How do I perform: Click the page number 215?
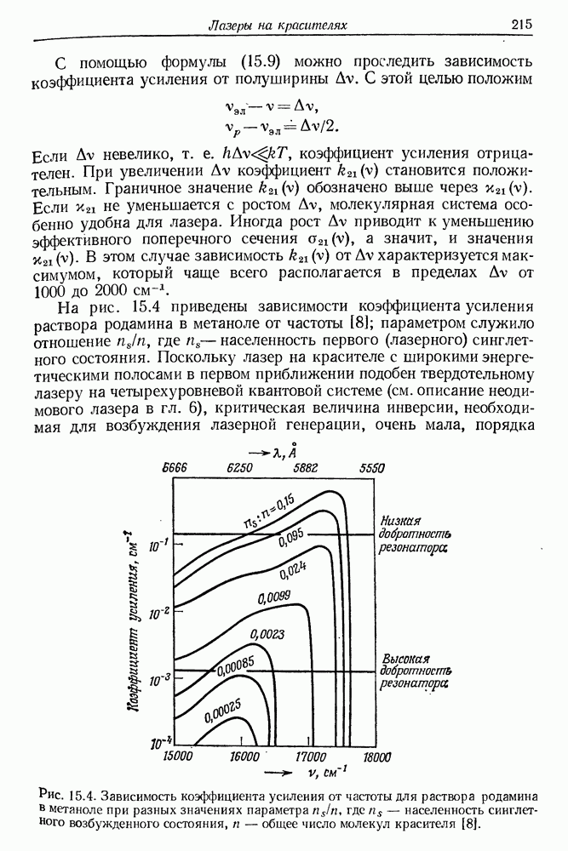coord(522,26)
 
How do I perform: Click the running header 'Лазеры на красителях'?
coord(278,26)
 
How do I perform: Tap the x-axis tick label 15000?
coord(179,755)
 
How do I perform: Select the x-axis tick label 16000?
coord(244,755)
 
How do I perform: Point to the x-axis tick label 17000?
coord(310,755)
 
